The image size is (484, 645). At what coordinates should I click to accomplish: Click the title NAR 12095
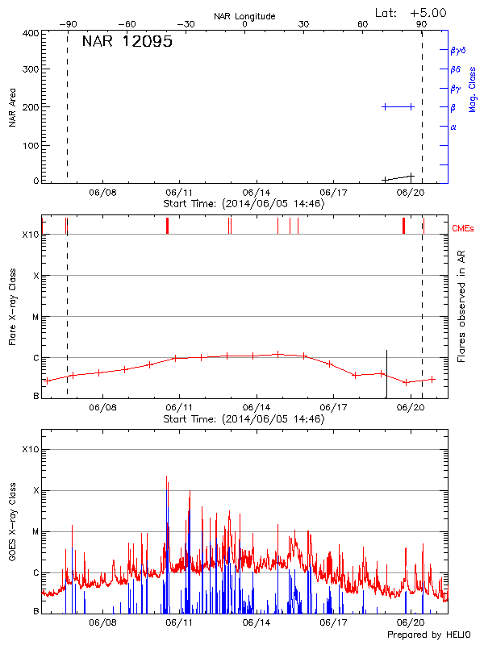coord(127,42)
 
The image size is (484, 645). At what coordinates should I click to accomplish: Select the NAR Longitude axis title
coord(244,16)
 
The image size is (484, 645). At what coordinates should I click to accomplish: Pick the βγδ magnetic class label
coord(458,50)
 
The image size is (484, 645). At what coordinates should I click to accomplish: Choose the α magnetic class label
coord(453,127)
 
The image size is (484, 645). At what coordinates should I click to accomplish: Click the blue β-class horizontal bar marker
coord(398,106)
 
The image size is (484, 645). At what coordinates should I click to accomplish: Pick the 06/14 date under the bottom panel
coord(256,622)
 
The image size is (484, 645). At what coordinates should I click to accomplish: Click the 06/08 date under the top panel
coord(103,193)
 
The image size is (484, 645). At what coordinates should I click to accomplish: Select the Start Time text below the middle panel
coord(244,419)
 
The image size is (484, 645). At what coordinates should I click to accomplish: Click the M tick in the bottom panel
coord(35,531)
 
